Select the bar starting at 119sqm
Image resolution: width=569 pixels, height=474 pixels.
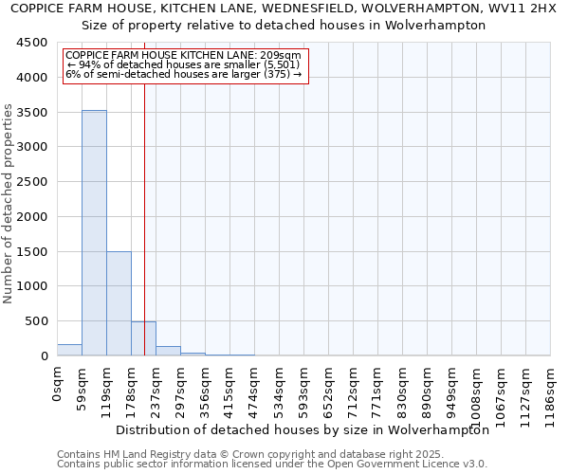[119, 303]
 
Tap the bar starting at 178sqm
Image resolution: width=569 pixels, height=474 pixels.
[143, 338]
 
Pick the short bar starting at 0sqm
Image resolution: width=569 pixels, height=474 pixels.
[69, 350]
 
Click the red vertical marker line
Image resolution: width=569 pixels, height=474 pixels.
[144, 190]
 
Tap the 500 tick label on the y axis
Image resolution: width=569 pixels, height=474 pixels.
[35, 321]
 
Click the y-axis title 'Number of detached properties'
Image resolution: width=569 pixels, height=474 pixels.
[9, 204]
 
